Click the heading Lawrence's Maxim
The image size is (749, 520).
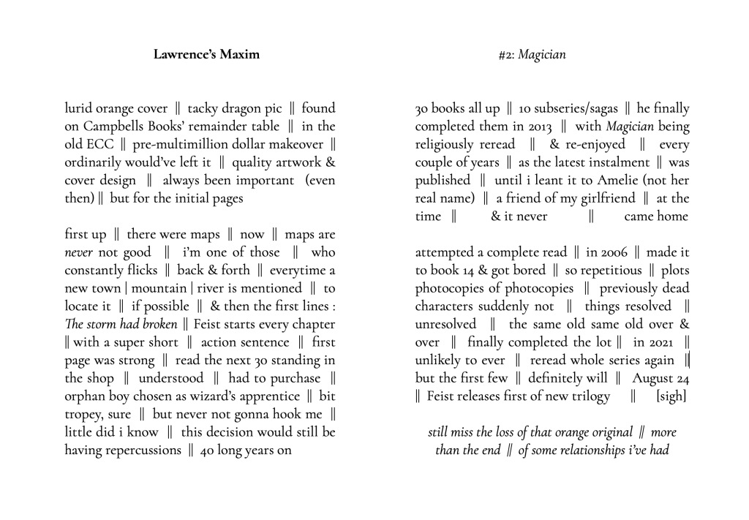click(206, 54)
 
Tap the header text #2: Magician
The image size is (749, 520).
click(532, 54)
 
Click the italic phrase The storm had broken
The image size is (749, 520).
click(121, 324)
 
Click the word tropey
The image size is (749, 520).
click(83, 414)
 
